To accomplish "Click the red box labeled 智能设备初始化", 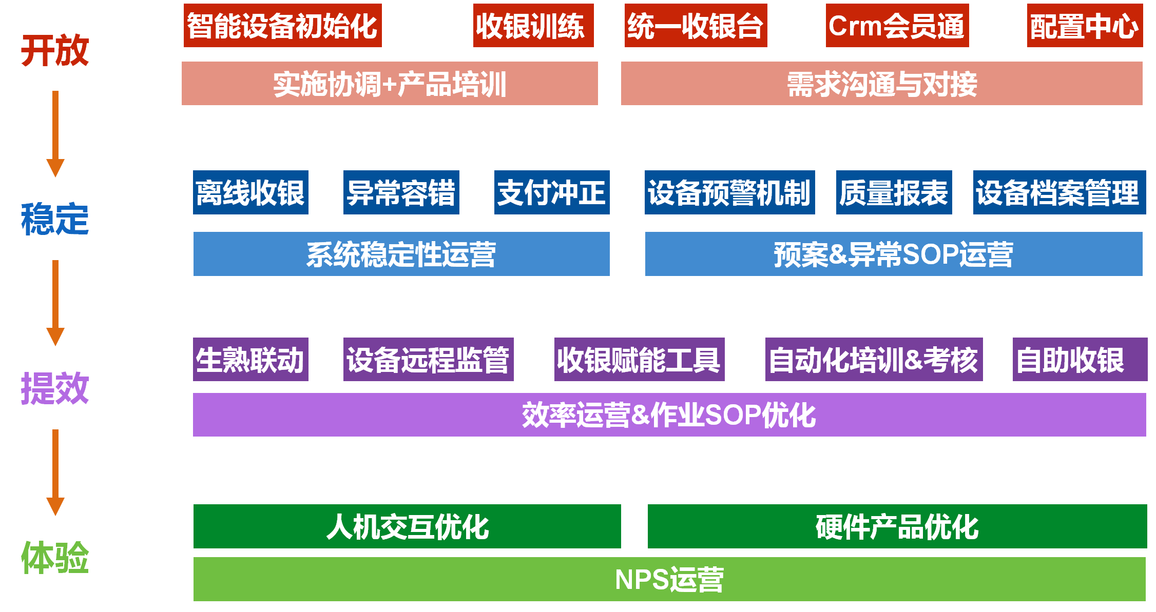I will pyautogui.click(x=282, y=26).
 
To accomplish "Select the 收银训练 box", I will pyautogui.click(x=533, y=26).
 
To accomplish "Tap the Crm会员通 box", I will pyautogui.click(x=897, y=26).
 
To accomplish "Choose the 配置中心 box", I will pyautogui.click(x=1084, y=26).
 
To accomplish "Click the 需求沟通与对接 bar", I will pyautogui.click(x=881, y=84).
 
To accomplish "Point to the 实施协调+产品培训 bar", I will pyautogui.click(x=390, y=84).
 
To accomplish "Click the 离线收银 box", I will pyautogui.click(x=251, y=192).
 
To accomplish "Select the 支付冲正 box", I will pyautogui.click(x=552, y=192).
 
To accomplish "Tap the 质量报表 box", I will pyautogui.click(x=894, y=192).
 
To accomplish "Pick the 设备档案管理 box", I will pyautogui.click(x=1059, y=192).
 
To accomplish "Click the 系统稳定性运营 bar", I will pyautogui.click(x=401, y=254).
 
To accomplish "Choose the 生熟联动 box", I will pyautogui.click(x=251, y=359).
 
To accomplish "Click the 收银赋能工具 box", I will pyautogui.click(x=639, y=359).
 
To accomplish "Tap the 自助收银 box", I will pyautogui.click(x=1080, y=359).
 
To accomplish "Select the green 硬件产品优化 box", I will pyautogui.click(x=897, y=526).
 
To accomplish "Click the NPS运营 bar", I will pyautogui.click(x=669, y=579).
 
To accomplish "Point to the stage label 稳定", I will pyautogui.click(x=55, y=219).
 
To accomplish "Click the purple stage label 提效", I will pyautogui.click(x=55, y=388).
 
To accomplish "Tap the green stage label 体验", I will pyautogui.click(x=55, y=558).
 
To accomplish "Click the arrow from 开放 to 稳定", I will pyautogui.click(x=55, y=133).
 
